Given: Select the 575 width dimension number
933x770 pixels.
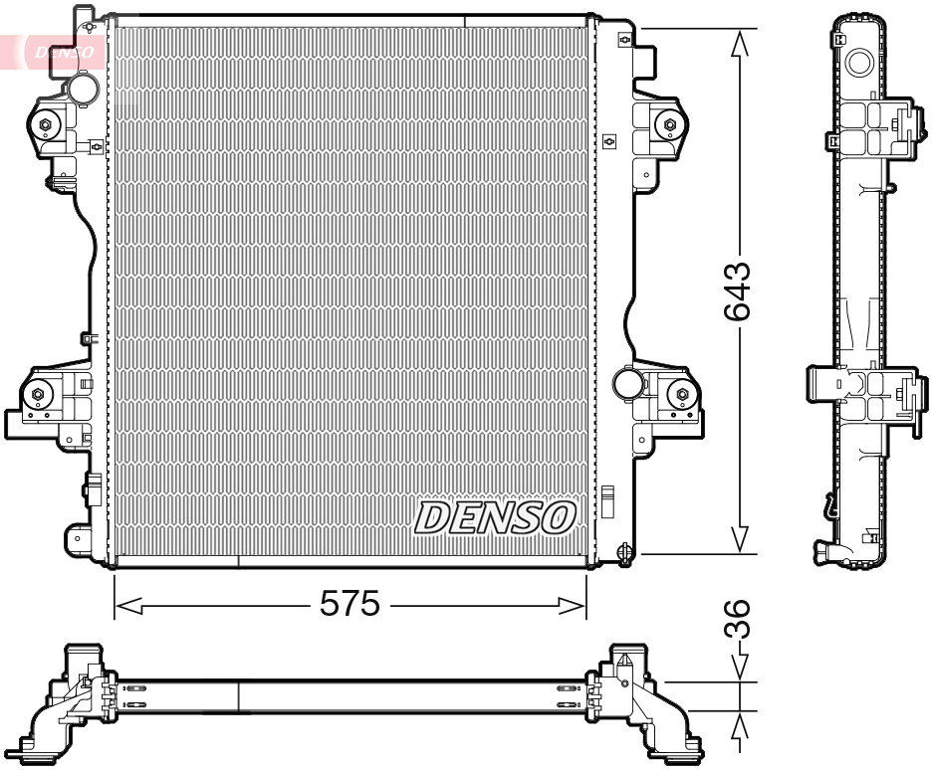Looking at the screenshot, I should pyautogui.click(x=350, y=604).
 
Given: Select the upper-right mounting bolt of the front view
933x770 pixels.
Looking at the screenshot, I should pyautogui.click(x=668, y=124).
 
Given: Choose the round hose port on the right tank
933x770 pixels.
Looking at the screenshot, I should pyautogui.click(x=627, y=382).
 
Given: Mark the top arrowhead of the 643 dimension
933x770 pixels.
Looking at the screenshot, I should pyautogui.click(x=738, y=42).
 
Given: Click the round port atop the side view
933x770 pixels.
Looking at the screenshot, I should pyautogui.click(x=857, y=62).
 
